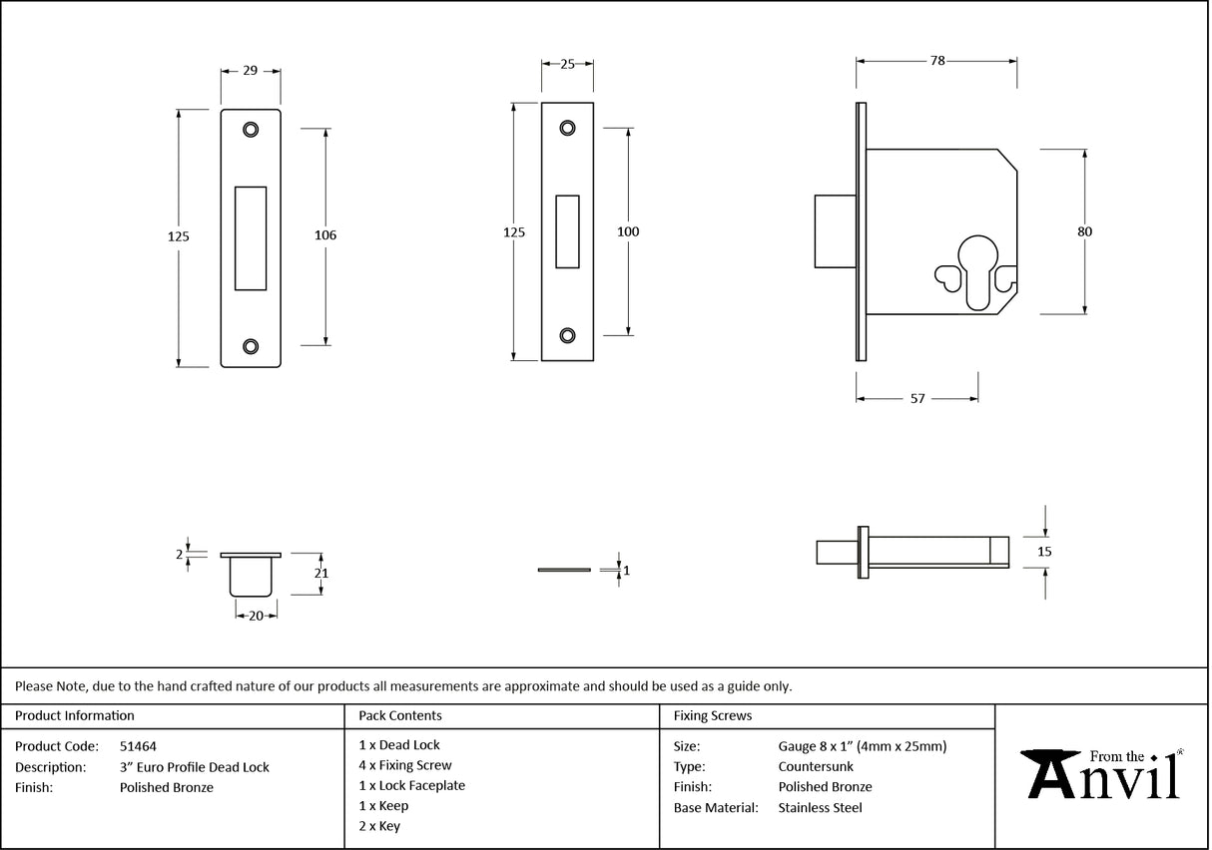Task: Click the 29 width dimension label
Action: coord(250,71)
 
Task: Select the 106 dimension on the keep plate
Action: coord(325,235)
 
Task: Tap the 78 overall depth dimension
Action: coord(936,61)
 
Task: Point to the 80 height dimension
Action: coord(1084,231)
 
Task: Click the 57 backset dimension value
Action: coord(916,399)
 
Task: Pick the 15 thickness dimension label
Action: coord(1045,551)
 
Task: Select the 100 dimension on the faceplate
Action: coord(628,231)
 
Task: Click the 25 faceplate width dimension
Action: coord(567,65)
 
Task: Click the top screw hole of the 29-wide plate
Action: coord(250,129)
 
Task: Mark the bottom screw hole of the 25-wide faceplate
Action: coord(567,335)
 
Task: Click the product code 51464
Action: coord(138,746)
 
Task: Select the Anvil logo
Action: coord(1103,774)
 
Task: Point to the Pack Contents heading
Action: coord(400,716)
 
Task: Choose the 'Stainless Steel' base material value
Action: coord(820,808)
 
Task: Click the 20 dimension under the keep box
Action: coord(256,617)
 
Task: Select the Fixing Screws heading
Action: coord(713,716)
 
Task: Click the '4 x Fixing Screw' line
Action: coord(405,765)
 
